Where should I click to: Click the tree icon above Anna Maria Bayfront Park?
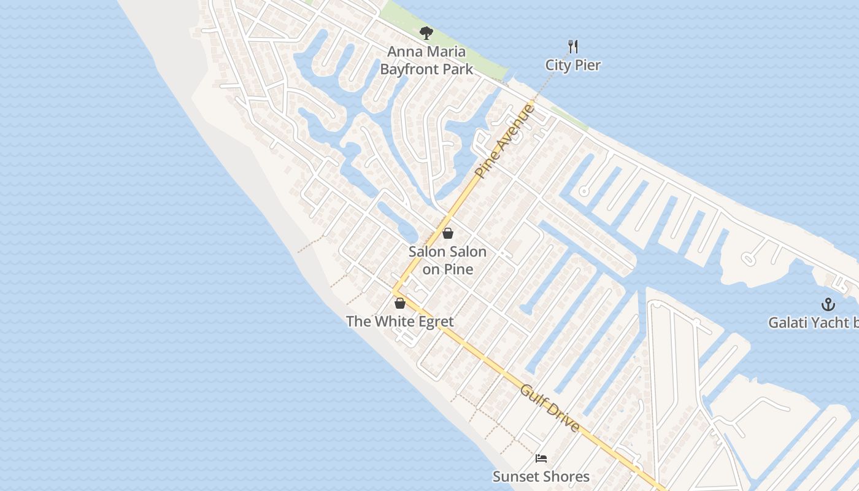[x=426, y=33]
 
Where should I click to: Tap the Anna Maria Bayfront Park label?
[x=426, y=61]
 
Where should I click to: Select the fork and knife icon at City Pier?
[x=573, y=47]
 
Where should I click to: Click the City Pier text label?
[x=573, y=65]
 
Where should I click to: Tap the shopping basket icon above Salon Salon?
[x=448, y=233]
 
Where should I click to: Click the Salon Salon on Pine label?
[x=448, y=260]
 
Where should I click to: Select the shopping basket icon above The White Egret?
[x=400, y=303]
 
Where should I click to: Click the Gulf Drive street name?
[x=550, y=408]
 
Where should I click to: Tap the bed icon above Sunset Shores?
[x=541, y=458]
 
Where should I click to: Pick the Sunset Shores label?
[x=541, y=476]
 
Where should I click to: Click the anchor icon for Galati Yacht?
[x=828, y=304]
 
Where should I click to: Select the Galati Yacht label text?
[x=813, y=322]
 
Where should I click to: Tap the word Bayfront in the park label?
[x=407, y=69]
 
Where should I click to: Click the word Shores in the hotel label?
[x=566, y=476]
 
